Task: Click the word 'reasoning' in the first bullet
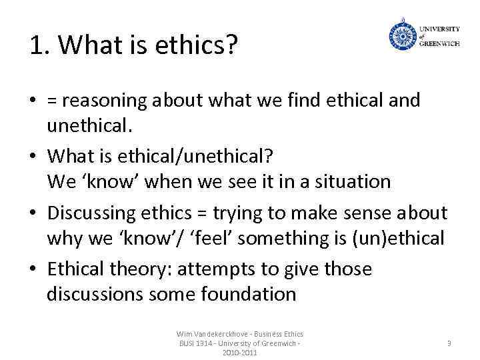103,101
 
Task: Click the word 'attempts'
215,269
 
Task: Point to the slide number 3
449,343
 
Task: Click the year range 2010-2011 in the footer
239,352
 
